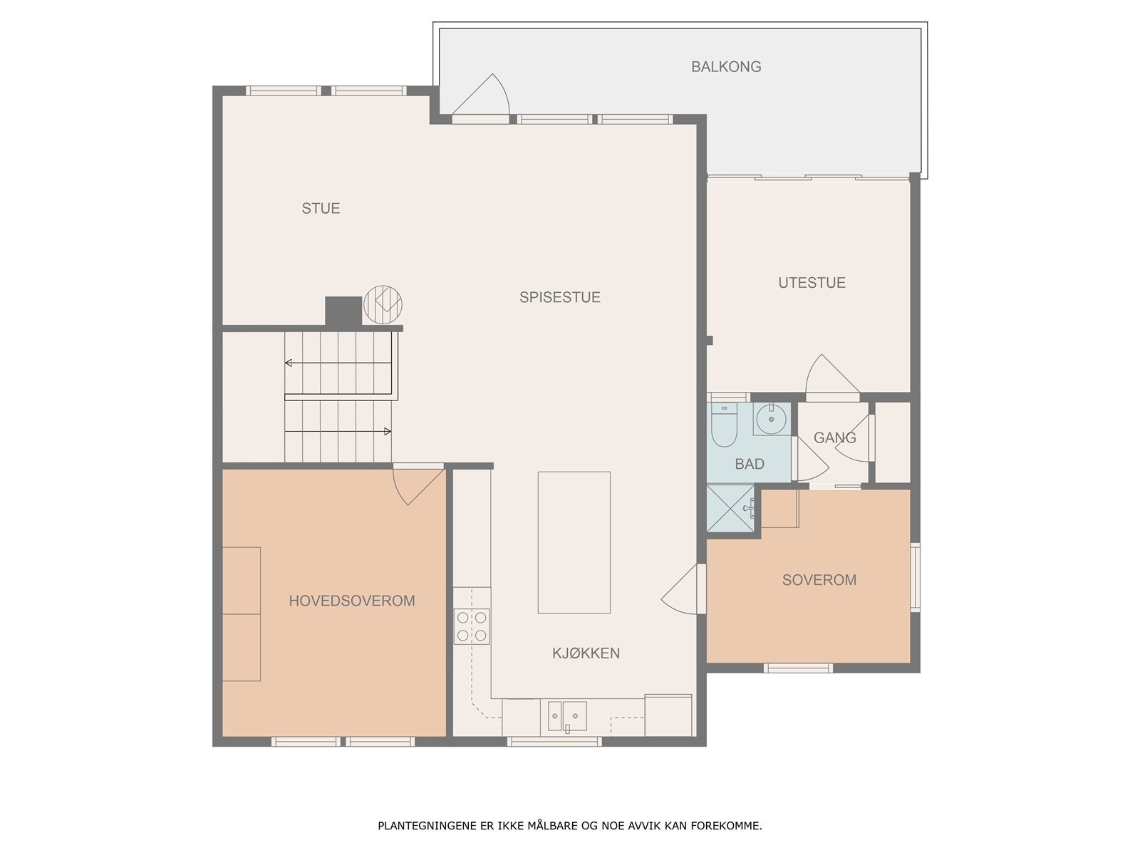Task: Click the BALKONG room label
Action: [x=725, y=66]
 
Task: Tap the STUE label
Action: [x=321, y=208]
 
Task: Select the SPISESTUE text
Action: [x=559, y=297]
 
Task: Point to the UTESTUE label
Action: [x=812, y=282]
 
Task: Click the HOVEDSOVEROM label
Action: [x=351, y=601]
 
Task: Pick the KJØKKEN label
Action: [x=586, y=653]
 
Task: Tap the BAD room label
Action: [x=749, y=464]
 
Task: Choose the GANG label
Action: [x=834, y=437]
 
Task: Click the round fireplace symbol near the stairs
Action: [x=383, y=305]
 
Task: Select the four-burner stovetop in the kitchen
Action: [x=472, y=626]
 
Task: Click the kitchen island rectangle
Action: [x=574, y=542]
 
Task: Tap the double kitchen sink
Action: [x=567, y=716]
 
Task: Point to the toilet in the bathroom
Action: [x=724, y=425]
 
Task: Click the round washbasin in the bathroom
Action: [x=771, y=418]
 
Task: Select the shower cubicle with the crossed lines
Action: [x=730, y=508]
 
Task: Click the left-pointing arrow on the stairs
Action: [x=338, y=363]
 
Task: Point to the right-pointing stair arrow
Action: [x=338, y=431]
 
